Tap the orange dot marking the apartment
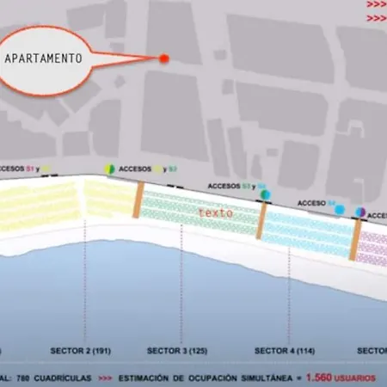164,58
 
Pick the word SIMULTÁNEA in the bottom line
258,378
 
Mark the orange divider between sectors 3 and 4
261,220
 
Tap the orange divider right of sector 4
354,239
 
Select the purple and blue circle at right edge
361,212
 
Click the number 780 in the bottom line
23,378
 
